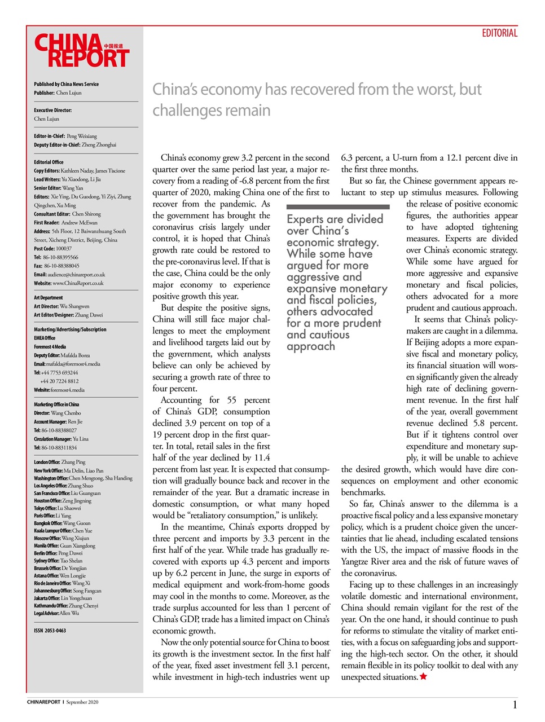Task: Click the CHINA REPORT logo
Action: click(x=82, y=51)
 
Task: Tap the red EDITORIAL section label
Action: click(x=499, y=33)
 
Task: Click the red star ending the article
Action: click(x=423, y=676)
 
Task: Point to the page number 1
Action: click(x=515, y=705)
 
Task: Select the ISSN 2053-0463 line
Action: click(x=50, y=631)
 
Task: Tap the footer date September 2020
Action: click(x=82, y=702)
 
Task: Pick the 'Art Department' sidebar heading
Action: click(x=49, y=298)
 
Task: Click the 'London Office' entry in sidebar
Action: click(x=59, y=462)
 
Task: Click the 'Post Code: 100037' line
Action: click(x=52, y=248)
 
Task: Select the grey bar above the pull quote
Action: click(x=338, y=207)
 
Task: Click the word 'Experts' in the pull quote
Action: click(x=305, y=219)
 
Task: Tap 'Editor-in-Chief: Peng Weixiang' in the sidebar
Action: click(x=65, y=136)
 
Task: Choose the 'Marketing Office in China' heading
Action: click(x=56, y=404)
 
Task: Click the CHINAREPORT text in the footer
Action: click(x=43, y=702)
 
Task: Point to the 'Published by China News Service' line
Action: click(x=66, y=84)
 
